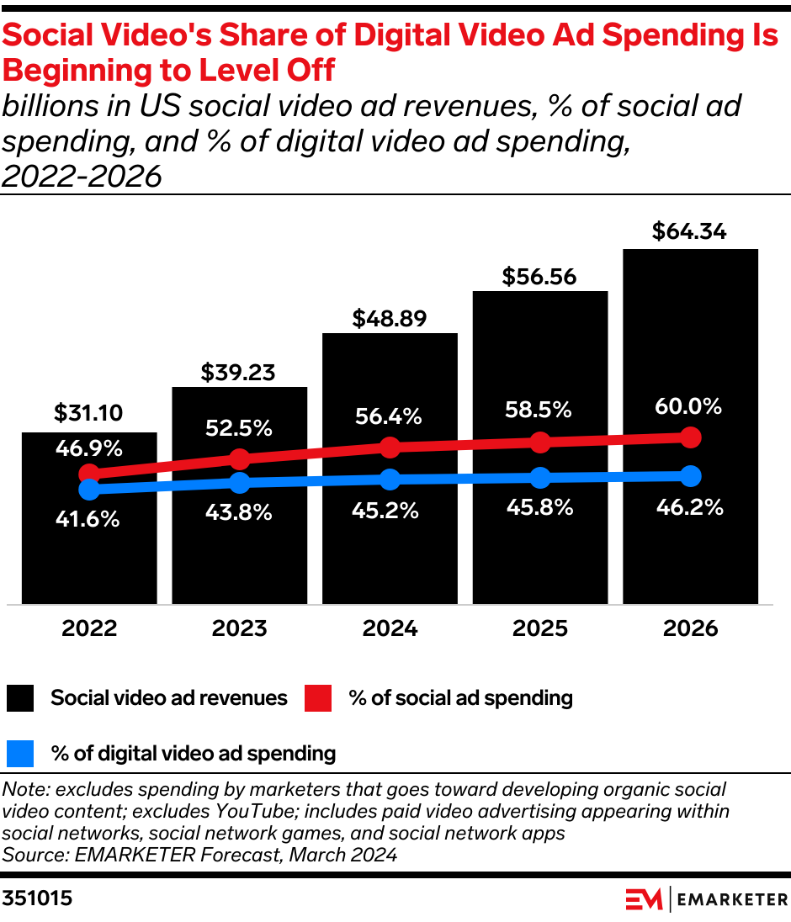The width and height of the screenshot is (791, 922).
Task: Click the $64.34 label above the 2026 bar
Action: pos(690,231)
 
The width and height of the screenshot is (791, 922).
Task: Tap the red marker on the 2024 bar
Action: pos(390,447)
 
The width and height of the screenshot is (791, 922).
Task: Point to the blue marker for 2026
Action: pos(690,476)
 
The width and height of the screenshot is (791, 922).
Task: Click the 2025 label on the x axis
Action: pos(539,628)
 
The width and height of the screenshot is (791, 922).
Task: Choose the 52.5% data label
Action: pos(239,427)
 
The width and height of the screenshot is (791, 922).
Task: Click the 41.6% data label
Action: pos(88,519)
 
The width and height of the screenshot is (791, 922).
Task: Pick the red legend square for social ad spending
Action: pos(318,698)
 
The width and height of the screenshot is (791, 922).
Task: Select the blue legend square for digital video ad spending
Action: pos(20,753)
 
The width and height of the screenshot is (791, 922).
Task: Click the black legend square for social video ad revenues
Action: pos(20,698)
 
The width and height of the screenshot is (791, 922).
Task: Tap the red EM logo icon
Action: pos(644,899)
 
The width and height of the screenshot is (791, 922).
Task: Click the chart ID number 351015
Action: pos(38,898)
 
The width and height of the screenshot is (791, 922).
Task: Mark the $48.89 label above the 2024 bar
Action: pos(390,319)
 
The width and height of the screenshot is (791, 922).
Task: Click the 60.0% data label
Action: pos(690,406)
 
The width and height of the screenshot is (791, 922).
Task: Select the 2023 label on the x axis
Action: pos(239,628)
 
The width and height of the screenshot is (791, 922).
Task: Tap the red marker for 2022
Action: pos(88,474)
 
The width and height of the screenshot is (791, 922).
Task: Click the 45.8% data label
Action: pos(539,507)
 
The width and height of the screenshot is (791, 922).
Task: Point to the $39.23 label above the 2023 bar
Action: pos(239,373)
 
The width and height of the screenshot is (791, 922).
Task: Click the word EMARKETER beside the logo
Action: pos(732,899)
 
